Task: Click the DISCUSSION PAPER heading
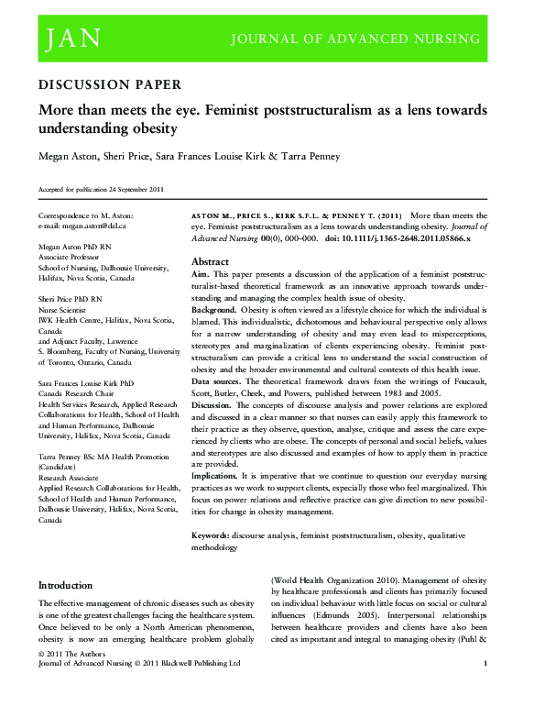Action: coord(109,84)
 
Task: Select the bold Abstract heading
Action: coord(210,259)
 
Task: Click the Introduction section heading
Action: coord(65,585)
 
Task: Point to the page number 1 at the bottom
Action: coord(485,662)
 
